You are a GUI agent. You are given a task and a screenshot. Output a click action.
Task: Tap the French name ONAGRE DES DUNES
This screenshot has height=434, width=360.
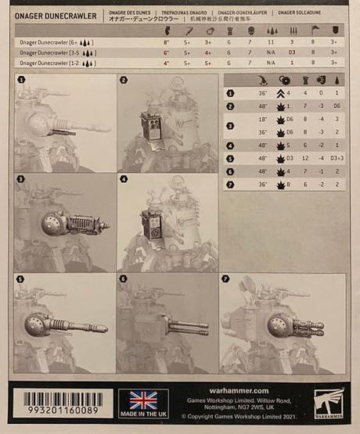(x=130, y=13)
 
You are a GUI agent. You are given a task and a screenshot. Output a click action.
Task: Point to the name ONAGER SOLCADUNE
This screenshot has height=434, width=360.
(x=299, y=13)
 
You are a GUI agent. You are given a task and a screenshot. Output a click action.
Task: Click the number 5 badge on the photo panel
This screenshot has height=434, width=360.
(x=21, y=279)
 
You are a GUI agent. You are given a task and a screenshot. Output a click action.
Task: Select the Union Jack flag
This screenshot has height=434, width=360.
(x=143, y=400)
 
